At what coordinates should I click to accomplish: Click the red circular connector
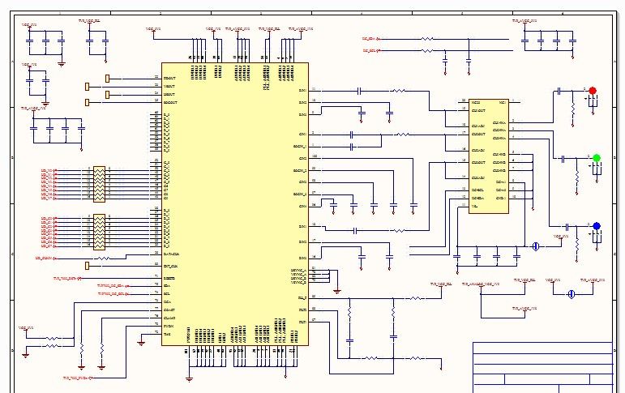point(593,91)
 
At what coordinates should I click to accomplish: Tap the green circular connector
point(597,158)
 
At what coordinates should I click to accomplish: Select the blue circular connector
point(597,226)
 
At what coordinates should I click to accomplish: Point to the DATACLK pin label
point(171,254)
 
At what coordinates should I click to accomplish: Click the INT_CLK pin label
point(170,265)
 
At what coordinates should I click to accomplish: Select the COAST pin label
point(169,310)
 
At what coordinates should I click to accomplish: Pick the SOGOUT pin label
point(170,102)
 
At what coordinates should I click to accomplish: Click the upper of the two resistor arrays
point(99,184)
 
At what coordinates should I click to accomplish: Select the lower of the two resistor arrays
point(99,232)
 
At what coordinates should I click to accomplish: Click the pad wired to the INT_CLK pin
point(88,265)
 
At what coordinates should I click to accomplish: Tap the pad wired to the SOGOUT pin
point(88,102)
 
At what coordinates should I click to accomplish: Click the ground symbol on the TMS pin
point(141,342)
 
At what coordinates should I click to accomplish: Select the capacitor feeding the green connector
point(563,159)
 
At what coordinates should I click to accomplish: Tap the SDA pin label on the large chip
point(167,286)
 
